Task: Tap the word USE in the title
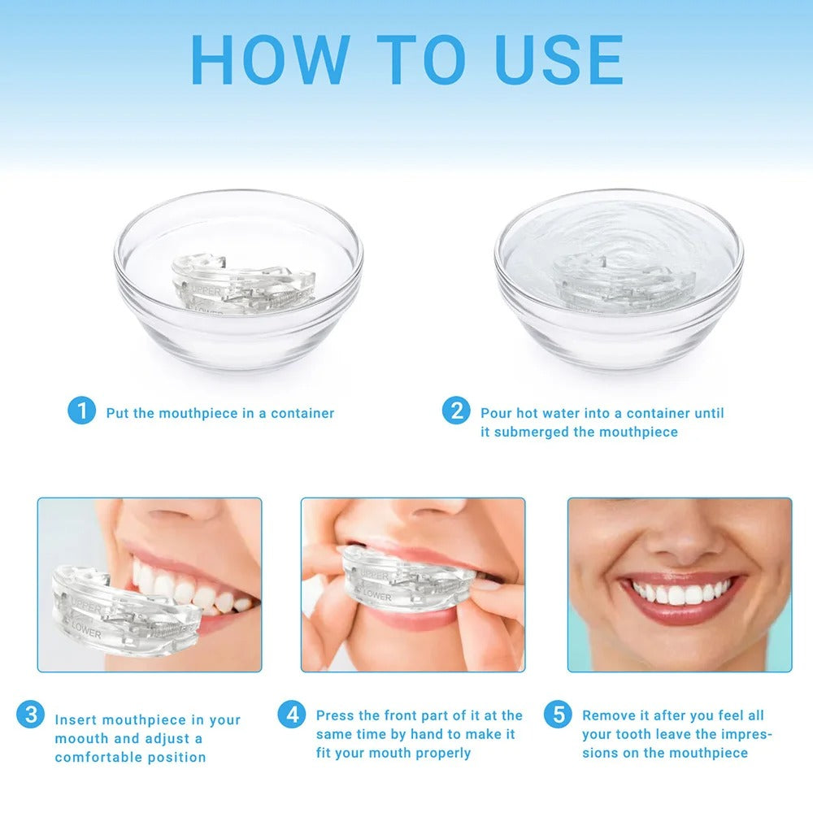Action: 559,59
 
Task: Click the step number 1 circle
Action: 81,411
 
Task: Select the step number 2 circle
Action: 456,411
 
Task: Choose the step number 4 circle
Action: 292,715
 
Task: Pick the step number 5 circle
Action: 558,715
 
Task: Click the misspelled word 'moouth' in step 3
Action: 81,738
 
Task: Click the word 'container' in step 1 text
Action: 302,413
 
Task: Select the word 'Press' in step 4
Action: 337,715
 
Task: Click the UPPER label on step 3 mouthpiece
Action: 88,607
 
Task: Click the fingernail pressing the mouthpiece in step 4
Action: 486,583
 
